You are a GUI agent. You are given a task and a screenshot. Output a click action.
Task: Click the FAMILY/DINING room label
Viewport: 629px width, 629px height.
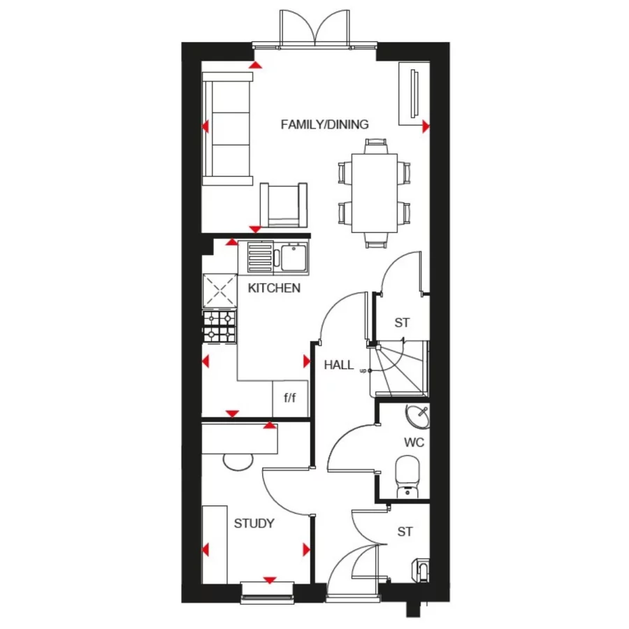(x=324, y=125)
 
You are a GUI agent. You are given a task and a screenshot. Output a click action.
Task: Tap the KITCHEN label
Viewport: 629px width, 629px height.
(x=274, y=288)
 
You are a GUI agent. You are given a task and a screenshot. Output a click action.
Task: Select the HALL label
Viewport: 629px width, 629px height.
(x=339, y=365)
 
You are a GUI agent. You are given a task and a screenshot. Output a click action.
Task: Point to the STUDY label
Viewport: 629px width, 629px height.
(x=254, y=523)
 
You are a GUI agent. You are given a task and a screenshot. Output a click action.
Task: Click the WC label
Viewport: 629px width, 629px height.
(x=414, y=443)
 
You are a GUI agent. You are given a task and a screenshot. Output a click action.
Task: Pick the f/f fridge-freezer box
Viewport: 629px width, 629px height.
(x=289, y=398)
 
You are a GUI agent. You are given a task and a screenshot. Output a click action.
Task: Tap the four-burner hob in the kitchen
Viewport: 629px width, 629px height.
(x=220, y=326)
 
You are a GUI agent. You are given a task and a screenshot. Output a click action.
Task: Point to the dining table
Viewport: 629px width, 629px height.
(x=374, y=192)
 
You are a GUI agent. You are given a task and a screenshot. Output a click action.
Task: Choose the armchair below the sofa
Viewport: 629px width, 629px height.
(x=284, y=205)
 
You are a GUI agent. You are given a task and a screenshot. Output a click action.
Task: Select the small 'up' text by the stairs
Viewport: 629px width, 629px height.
(x=363, y=370)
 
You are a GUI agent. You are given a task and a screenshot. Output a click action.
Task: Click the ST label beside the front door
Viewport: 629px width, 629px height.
(x=405, y=532)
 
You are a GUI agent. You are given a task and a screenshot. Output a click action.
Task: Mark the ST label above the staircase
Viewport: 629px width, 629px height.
(x=402, y=323)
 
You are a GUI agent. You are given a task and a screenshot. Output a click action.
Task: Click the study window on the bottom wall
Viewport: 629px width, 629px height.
(x=268, y=591)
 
